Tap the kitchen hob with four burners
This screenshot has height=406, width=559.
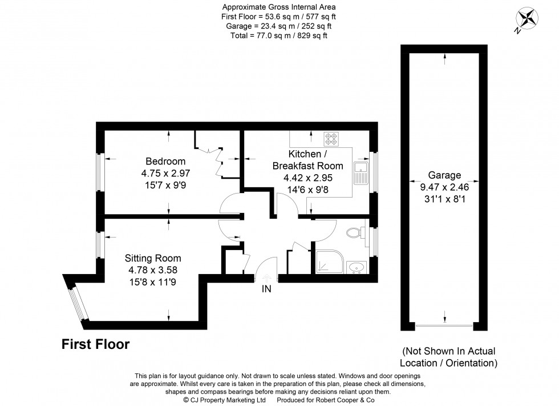tap(331, 139)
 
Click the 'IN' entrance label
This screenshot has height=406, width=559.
tap(266, 289)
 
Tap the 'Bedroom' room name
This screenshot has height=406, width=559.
tap(165, 161)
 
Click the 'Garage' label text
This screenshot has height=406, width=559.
tap(445, 175)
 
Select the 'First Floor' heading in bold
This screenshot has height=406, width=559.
tap(95, 344)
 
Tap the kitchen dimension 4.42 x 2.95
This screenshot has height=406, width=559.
tap(308, 177)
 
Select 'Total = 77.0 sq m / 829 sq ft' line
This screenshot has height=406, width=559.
tap(278, 35)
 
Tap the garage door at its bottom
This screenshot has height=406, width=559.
tap(444, 327)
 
